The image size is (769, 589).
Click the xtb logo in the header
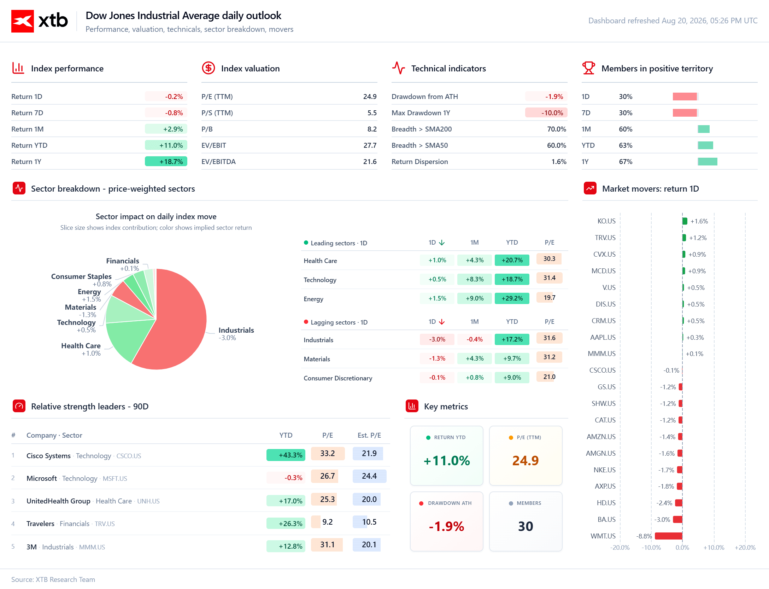40,21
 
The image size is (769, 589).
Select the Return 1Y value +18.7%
171,162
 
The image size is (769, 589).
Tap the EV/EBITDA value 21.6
370,162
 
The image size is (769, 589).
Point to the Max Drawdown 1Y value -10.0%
552,113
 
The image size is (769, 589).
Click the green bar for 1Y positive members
708,162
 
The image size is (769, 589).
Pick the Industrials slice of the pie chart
177,329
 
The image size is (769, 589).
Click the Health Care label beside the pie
81,345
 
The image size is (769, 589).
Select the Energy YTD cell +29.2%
512,298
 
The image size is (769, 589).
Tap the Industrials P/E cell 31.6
549,338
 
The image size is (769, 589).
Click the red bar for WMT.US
669,536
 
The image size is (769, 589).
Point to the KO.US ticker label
606,221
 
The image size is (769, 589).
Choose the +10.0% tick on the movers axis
714,548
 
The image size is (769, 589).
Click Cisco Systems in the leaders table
48,456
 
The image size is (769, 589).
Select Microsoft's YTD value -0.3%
293,478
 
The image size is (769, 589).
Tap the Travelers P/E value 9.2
327,522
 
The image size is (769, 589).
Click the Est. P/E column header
369,435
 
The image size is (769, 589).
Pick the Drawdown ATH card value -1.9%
446,526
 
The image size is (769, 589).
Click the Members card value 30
526,526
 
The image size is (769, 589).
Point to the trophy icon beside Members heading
588,68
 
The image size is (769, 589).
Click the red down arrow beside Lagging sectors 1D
442,322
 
